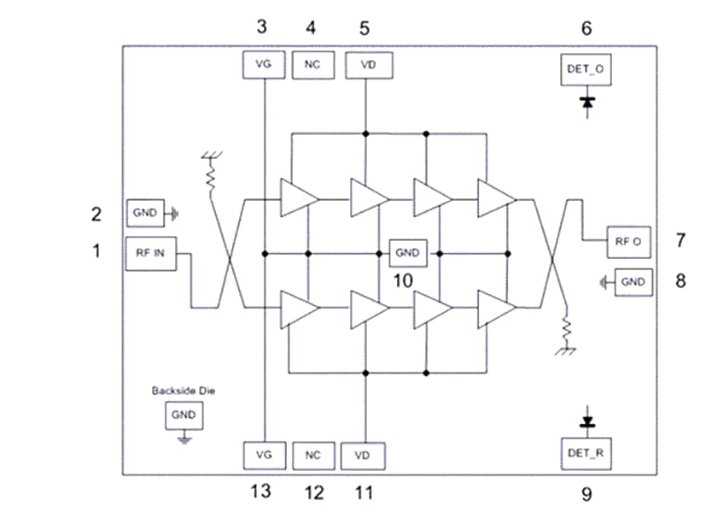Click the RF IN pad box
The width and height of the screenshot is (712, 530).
150,253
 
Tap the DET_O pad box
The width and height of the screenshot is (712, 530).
587,68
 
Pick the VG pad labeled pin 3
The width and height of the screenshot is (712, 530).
264,65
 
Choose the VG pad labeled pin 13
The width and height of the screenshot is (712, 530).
264,455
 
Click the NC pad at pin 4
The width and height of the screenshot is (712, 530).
312,65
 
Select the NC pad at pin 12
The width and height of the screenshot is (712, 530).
312,455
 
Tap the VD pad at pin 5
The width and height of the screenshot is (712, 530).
365,65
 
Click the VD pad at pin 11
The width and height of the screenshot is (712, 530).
363,455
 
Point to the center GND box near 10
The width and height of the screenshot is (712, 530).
407,253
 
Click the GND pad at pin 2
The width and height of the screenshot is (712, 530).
145,213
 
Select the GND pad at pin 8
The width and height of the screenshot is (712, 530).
633,281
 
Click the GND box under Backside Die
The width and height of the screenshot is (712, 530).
183,415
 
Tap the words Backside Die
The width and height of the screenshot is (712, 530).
182,391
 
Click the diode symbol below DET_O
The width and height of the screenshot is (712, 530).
587,102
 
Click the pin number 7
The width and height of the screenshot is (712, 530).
680,241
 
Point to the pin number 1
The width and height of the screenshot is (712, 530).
96,251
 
